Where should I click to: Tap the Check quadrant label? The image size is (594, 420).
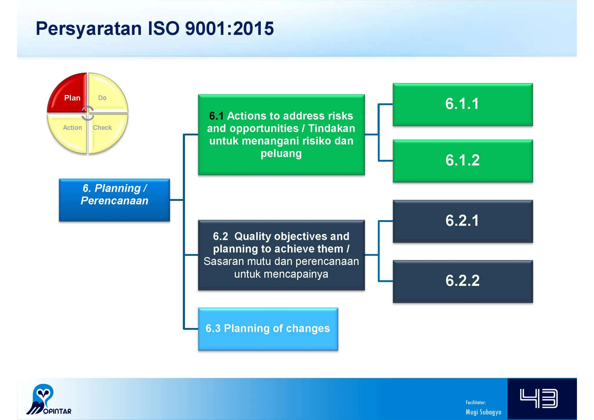[x=102, y=128]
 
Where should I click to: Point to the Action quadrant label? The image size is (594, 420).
[x=72, y=128]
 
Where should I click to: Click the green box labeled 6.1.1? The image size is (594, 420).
[x=462, y=104]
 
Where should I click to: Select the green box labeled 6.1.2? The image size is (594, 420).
[x=462, y=161]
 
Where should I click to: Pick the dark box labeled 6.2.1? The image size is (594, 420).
[x=462, y=221]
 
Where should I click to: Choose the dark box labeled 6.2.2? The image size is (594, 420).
[x=462, y=281]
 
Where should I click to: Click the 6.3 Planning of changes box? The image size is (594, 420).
[x=268, y=329]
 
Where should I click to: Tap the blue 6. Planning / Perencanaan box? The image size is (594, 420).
[x=114, y=200]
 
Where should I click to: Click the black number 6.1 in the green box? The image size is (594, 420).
[x=216, y=116]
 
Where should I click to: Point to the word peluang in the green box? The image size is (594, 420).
[x=281, y=153]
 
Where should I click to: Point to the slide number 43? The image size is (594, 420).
[x=539, y=399]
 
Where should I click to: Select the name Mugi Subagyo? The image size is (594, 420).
[x=483, y=412]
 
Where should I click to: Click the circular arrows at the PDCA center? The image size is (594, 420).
[x=88, y=113]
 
